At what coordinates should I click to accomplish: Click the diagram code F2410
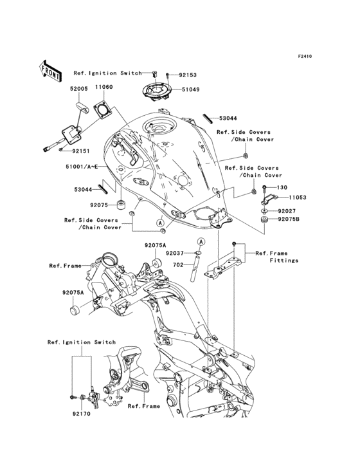[x=304, y=57]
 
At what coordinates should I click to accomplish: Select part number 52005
[x=79, y=88]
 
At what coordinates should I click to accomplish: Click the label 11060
[x=105, y=88]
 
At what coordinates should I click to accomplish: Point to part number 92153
[x=189, y=75]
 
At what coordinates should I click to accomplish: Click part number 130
[x=281, y=187]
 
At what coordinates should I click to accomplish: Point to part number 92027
[x=287, y=210]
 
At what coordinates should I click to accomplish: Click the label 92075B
[x=289, y=219]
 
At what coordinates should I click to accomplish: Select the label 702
[x=177, y=264]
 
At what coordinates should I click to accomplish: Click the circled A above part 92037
[x=201, y=241]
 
